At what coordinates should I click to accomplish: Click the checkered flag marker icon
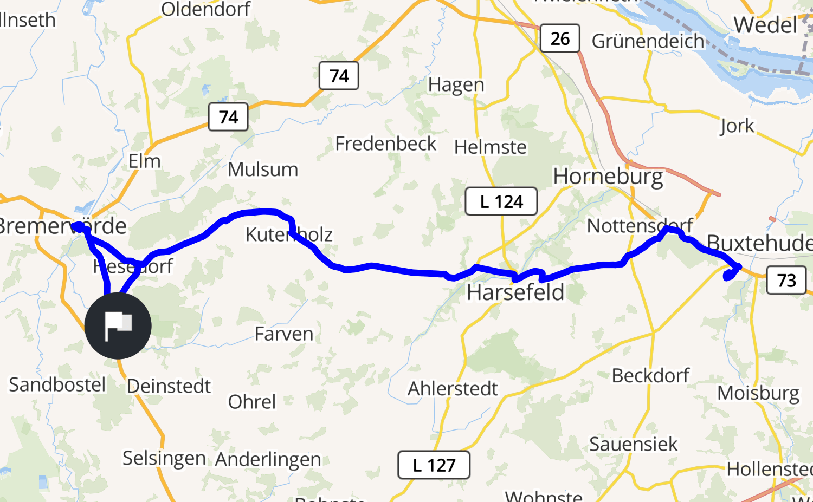(x=118, y=325)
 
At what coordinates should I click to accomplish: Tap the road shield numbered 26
(x=560, y=38)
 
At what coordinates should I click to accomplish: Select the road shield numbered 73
(x=786, y=280)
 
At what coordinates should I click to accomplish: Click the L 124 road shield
(x=501, y=201)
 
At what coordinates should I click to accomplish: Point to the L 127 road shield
(x=434, y=465)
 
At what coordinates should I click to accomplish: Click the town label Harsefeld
(x=515, y=292)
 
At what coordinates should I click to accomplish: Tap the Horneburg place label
(x=608, y=177)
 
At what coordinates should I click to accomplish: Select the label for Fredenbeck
(x=385, y=144)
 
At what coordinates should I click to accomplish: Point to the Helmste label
(x=490, y=147)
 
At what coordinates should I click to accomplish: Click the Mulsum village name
(x=263, y=169)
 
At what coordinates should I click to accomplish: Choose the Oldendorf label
(x=205, y=9)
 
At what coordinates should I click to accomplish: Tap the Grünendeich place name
(x=648, y=41)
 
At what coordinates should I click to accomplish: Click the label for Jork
(x=737, y=126)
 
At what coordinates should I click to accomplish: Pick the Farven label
(x=284, y=334)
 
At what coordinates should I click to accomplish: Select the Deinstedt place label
(x=169, y=386)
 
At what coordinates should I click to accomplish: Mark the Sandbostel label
(x=57, y=384)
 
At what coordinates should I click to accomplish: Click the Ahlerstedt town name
(x=453, y=388)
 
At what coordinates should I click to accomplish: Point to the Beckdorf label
(x=650, y=375)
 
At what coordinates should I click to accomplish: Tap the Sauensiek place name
(x=633, y=444)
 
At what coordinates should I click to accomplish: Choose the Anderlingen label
(x=268, y=459)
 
